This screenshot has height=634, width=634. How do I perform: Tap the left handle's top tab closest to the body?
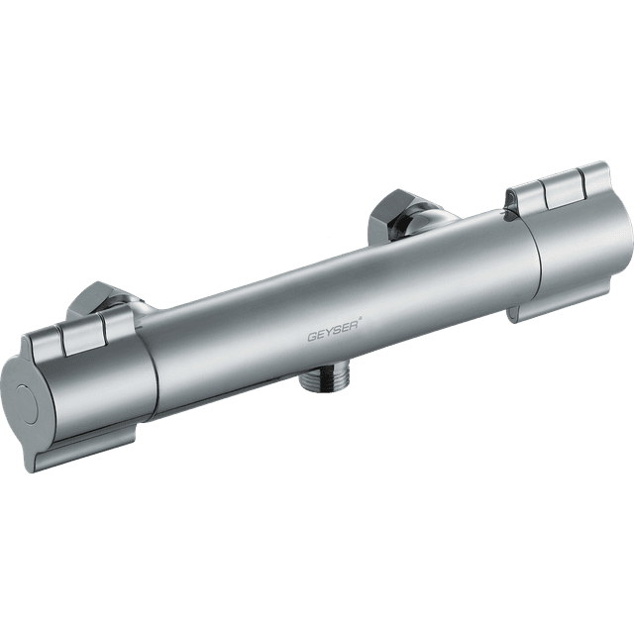pyautogui.click(x=116, y=330)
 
